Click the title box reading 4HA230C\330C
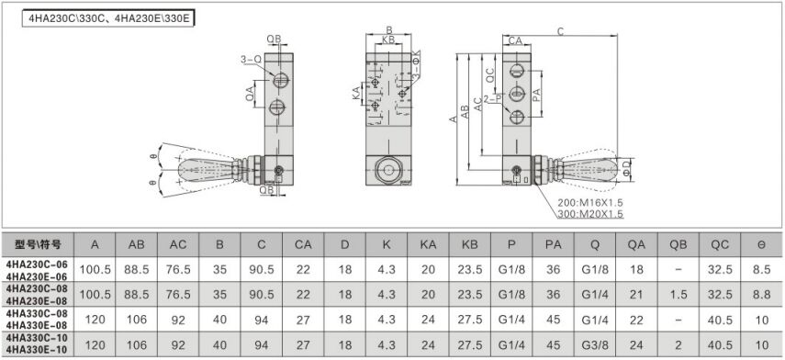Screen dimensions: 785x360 click(x=107, y=18)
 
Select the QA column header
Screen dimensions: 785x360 click(x=637, y=245)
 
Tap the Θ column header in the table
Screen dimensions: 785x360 click(x=762, y=245)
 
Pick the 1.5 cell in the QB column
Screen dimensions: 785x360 click(x=678, y=295)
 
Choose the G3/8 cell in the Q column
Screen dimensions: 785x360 click(x=595, y=345)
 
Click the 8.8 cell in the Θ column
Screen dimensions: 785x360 click(x=762, y=295)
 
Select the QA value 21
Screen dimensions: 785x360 click(x=636, y=295)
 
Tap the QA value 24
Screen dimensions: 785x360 click(x=636, y=345)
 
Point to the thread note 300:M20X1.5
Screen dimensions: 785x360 click(x=590, y=214)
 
